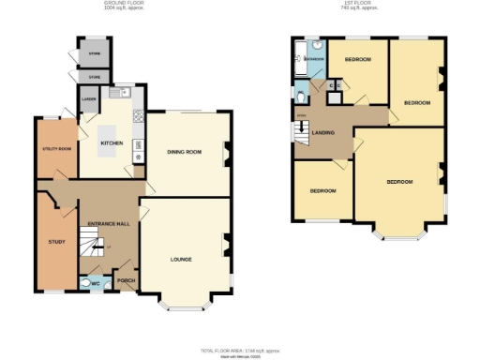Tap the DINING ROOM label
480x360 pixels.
tap(185, 151)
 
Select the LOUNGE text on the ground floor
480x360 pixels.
tap(182, 257)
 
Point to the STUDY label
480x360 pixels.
tap(56, 242)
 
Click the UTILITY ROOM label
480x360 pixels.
tap(57, 148)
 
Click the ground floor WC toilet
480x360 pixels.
tap(87, 280)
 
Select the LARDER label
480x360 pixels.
tap(91, 97)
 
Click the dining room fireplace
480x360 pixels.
tap(225, 152)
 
